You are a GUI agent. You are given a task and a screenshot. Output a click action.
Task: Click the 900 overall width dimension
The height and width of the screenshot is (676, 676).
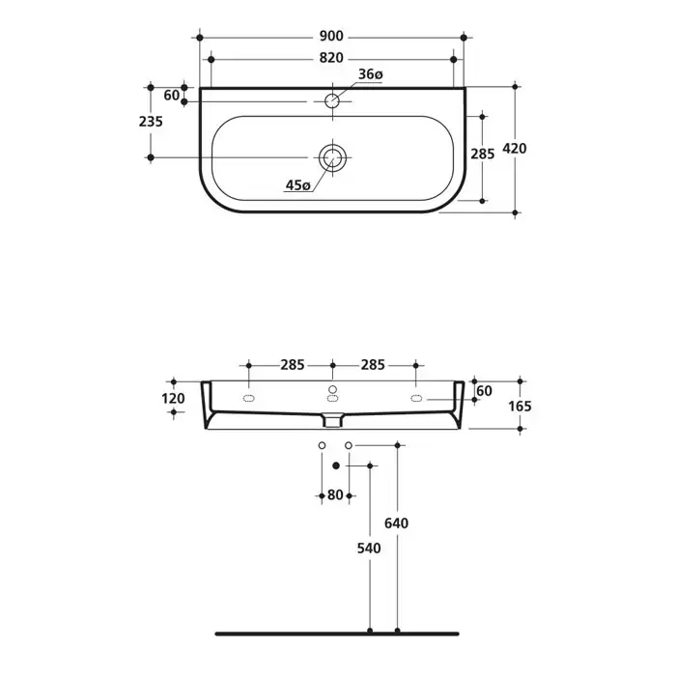click(331, 37)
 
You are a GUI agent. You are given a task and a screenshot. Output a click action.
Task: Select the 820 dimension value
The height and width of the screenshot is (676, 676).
click(331, 58)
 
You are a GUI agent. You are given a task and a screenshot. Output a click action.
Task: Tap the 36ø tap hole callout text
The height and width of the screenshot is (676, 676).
click(370, 74)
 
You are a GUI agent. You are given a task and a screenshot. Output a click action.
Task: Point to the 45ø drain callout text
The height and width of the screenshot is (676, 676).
click(297, 185)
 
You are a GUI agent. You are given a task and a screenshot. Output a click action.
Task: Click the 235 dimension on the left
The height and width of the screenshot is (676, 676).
click(151, 122)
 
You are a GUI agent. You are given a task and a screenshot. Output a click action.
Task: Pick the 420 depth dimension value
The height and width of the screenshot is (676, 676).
click(515, 149)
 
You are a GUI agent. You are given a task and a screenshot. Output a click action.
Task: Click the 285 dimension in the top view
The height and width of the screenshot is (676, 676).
click(483, 154)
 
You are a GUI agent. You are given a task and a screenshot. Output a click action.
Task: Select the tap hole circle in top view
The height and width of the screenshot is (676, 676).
click(332, 100)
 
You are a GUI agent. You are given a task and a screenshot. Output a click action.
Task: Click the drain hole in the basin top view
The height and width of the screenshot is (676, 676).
click(332, 157)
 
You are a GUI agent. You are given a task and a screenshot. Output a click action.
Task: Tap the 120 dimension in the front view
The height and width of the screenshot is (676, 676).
click(173, 398)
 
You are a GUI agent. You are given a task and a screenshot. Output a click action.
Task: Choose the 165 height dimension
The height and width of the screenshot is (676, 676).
click(520, 407)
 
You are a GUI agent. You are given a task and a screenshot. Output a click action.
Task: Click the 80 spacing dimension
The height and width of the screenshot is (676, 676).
click(335, 494)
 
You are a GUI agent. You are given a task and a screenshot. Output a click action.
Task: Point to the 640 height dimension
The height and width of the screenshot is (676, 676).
click(396, 523)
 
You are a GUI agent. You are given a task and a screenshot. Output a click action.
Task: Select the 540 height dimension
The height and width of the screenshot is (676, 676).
click(369, 549)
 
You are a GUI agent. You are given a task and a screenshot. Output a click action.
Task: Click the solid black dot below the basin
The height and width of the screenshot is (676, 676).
click(336, 465)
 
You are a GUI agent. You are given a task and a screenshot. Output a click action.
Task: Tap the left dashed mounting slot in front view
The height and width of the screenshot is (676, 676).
click(249, 398)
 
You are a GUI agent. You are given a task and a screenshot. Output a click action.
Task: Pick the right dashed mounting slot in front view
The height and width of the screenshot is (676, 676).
click(416, 398)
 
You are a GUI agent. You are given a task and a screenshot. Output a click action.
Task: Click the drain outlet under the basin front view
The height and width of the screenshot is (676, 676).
click(332, 420)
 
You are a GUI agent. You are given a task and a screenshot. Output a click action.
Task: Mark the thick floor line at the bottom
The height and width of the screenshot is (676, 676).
click(337, 634)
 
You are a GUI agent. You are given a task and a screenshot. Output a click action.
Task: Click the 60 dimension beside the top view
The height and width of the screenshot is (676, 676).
click(171, 96)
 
